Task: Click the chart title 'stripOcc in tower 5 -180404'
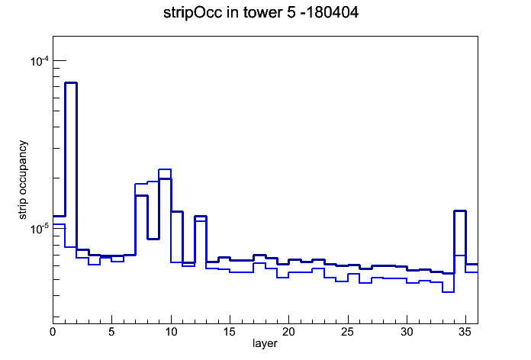[x=261, y=13]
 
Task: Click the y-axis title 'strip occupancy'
[x=22, y=180]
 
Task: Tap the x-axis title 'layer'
[x=265, y=343]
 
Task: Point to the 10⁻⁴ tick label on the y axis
[x=39, y=61]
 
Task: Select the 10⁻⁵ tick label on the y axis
[x=39, y=229]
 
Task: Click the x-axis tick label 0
[x=53, y=332]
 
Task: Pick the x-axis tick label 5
[x=111, y=332]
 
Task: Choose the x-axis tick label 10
[x=171, y=332]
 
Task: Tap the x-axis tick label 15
[x=230, y=332]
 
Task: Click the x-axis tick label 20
[x=289, y=332]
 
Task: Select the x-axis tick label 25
[x=348, y=332]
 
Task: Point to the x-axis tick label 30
[x=407, y=332]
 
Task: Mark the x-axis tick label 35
[x=465, y=332]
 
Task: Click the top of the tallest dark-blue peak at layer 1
[x=71, y=82]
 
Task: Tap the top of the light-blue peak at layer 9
[x=165, y=169]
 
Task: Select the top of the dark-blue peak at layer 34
[x=460, y=211]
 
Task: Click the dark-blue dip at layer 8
[x=153, y=239]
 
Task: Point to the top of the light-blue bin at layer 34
[x=460, y=256]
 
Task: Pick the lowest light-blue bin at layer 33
[x=448, y=292]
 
